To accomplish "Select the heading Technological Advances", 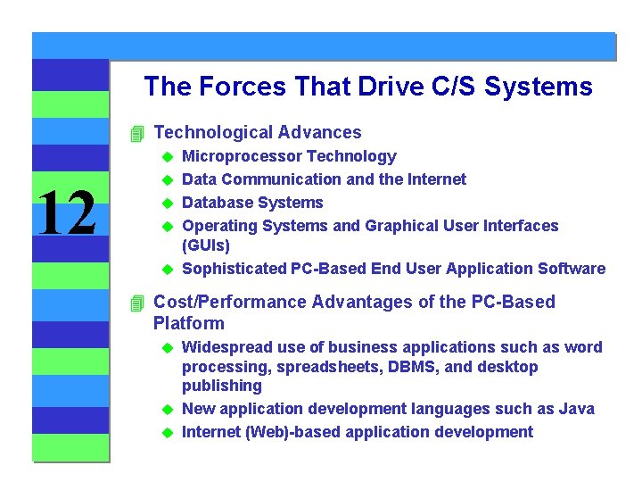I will point(257,133).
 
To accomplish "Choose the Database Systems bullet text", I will point(252,203).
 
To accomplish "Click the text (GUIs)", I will point(206,245).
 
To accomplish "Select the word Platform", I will point(189,323).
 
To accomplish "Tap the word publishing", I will point(222,386).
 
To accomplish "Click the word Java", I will point(576,409).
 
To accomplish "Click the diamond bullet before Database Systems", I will point(166,204).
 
